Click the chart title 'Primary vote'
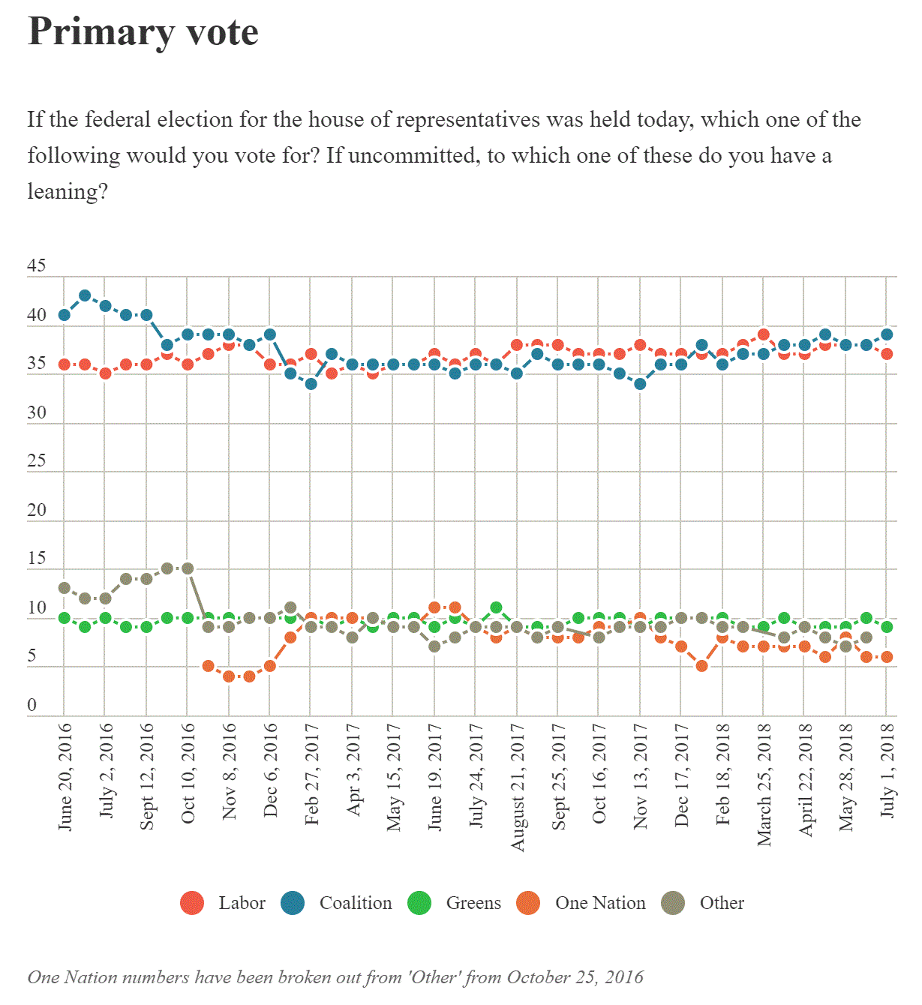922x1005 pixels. click(x=143, y=32)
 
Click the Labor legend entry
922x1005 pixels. click(x=223, y=903)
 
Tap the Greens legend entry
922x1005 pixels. click(x=454, y=903)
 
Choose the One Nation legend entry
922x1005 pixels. click(x=581, y=903)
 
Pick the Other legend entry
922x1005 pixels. click(x=703, y=903)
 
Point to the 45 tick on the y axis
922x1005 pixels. click(x=37, y=265)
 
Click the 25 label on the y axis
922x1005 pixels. click(x=37, y=460)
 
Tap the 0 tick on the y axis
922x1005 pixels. click(x=32, y=705)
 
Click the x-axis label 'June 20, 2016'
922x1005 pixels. click(x=65, y=776)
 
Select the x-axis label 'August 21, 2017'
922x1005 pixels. click(x=518, y=787)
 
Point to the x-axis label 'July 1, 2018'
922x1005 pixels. click(x=887, y=769)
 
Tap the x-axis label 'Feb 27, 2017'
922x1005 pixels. click(x=312, y=774)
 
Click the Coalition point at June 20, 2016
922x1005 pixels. click(x=65, y=315)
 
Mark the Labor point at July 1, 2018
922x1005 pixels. click(x=887, y=354)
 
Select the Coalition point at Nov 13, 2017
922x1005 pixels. click(x=640, y=384)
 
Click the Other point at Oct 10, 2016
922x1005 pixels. click(x=188, y=568)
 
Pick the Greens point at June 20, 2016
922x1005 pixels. click(x=65, y=618)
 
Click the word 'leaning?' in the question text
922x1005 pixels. click(x=68, y=192)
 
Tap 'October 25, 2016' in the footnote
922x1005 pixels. click(x=575, y=977)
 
